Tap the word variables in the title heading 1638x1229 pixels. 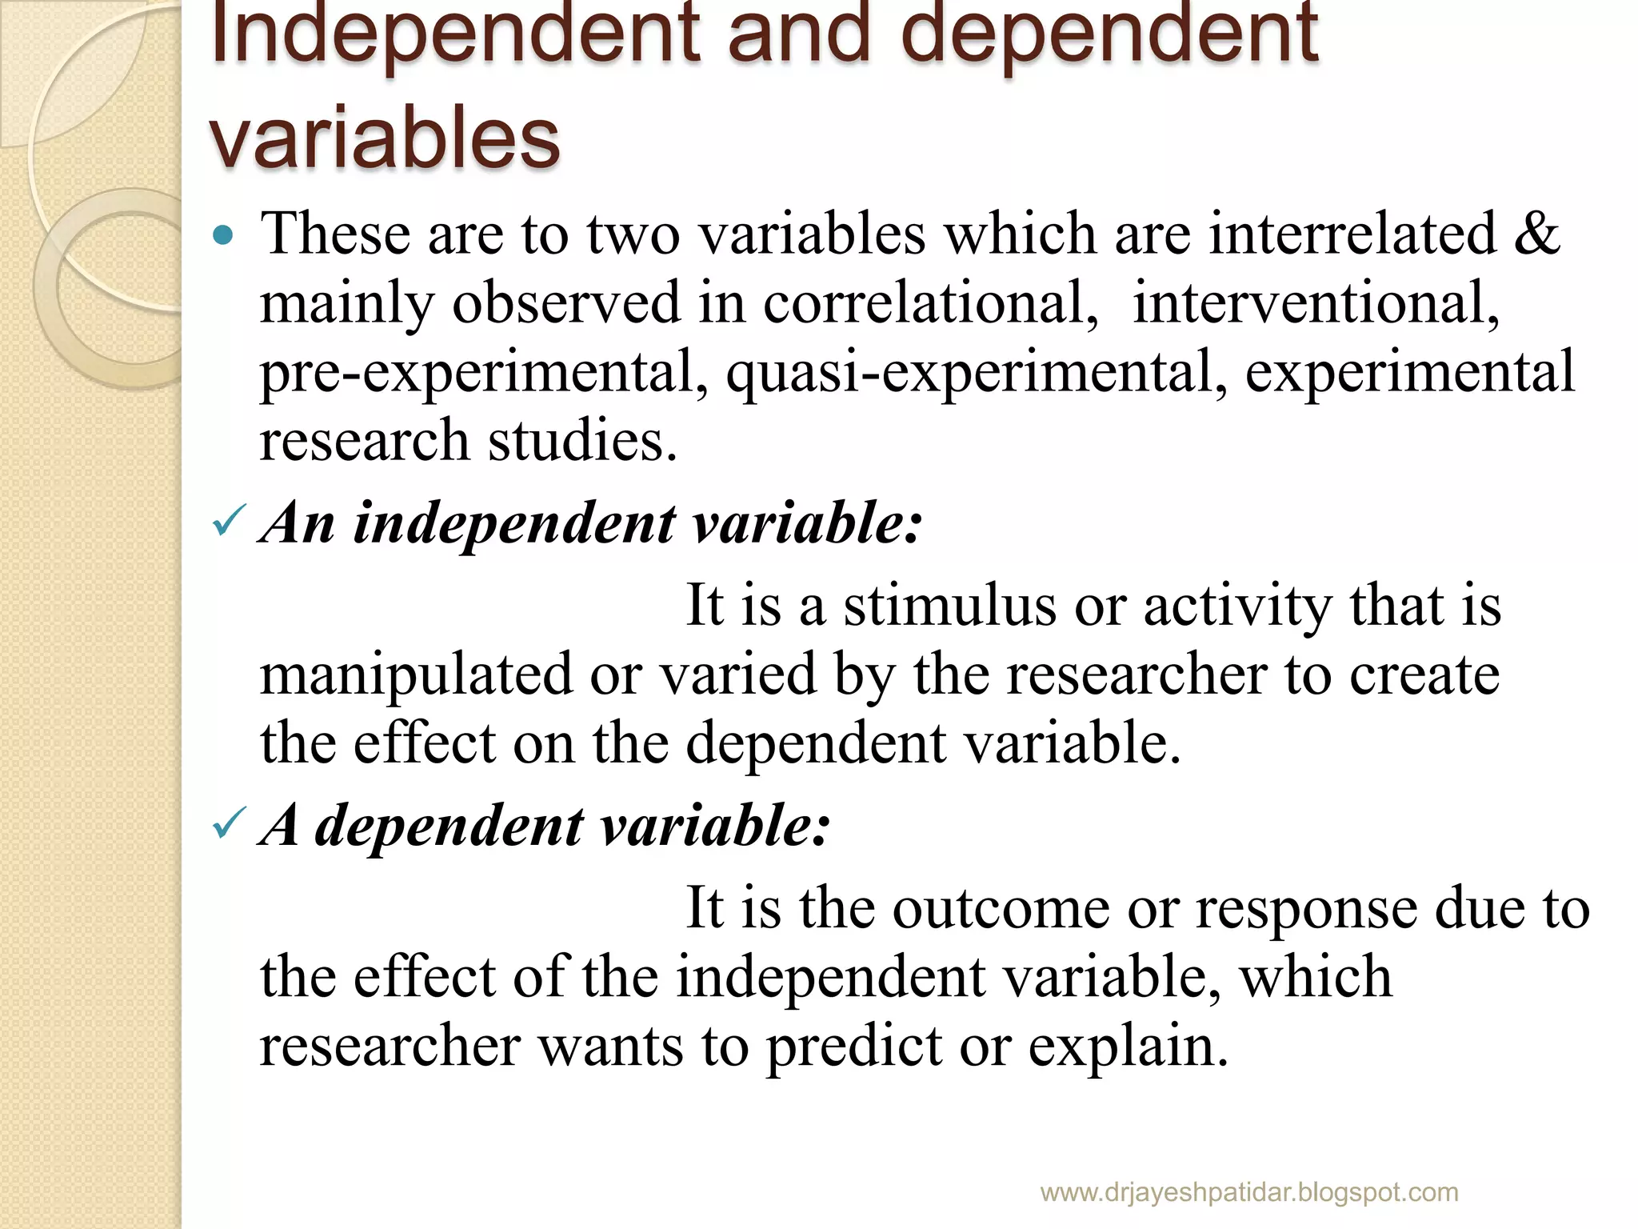coord(384,138)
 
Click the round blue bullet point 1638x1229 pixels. coord(223,235)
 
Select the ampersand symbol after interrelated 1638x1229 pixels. coord(1536,234)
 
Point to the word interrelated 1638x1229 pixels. coord(1352,234)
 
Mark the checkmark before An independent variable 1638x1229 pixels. coord(227,524)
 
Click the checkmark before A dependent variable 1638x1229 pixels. coord(227,826)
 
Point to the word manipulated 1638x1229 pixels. coord(416,675)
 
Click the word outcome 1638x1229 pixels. coord(1001,908)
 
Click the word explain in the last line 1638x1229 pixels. coord(1128,1047)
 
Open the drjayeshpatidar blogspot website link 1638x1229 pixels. coord(1248,1193)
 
